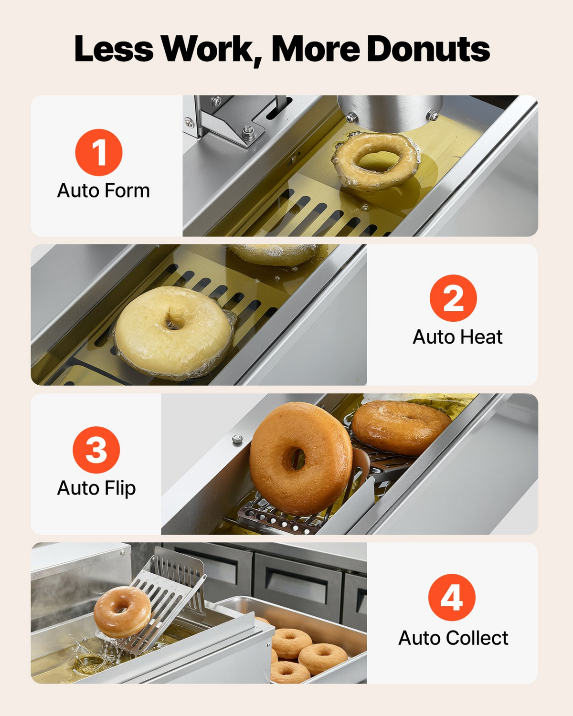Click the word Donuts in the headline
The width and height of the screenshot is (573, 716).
pos(428,49)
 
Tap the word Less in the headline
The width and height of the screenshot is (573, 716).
pos(114,49)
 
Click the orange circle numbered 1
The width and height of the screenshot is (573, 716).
pos(99,152)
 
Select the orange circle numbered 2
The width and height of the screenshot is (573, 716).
pos(453,298)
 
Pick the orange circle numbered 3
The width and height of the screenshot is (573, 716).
pos(96,450)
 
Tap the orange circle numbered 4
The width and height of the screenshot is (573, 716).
pos(452,598)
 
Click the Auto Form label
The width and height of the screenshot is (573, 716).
pos(104,190)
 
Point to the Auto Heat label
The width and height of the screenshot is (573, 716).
pos(457,337)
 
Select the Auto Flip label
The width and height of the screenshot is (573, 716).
pos(96,489)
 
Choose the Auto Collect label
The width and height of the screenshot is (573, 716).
pos(453,638)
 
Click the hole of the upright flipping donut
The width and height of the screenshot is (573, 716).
pos(294,459)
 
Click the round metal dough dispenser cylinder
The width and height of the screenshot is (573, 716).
pos(390,113)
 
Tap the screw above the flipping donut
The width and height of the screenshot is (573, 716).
pos(237,439)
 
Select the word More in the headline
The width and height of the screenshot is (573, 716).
pos(315,49)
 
